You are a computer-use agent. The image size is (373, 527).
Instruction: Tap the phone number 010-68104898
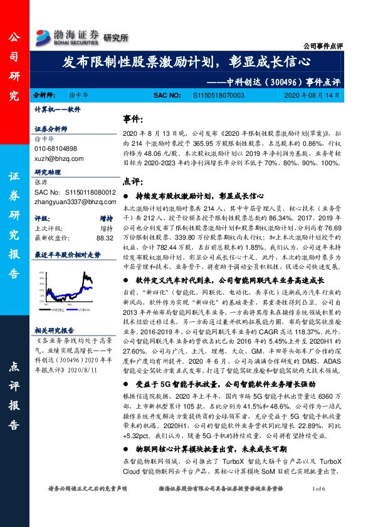pos(55,148)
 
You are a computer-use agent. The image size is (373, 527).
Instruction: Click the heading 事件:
pos(133,119)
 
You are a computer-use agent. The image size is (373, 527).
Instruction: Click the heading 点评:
pos(132,181)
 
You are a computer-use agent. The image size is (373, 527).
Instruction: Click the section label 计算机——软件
pos(57,109)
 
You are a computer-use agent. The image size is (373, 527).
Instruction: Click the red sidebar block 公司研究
pos(14,67)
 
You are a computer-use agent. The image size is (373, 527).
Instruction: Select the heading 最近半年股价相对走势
pos(67,255)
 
